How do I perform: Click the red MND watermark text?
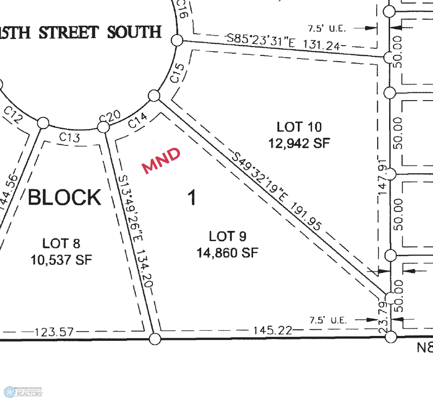pyautogui.click(x=162, y=160)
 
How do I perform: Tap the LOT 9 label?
pyautogui.click(x=228, y=236)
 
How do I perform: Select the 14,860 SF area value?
pyautogui.click(x=228, y=252)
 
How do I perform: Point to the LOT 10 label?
pyautogui.click(x=299, y=127)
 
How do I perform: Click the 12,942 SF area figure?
pyautogui.click(x=299, y=143)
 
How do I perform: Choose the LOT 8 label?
pyautogui.click(x=61, y=244)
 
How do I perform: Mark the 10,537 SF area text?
pyautogui.click(x=61, y=260)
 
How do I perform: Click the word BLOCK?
pyautogui.click(x=65, y=197)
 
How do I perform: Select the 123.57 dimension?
pyautogui.click(x=55, y=332)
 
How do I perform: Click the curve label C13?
pyautogui.click(x=69, y=138)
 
